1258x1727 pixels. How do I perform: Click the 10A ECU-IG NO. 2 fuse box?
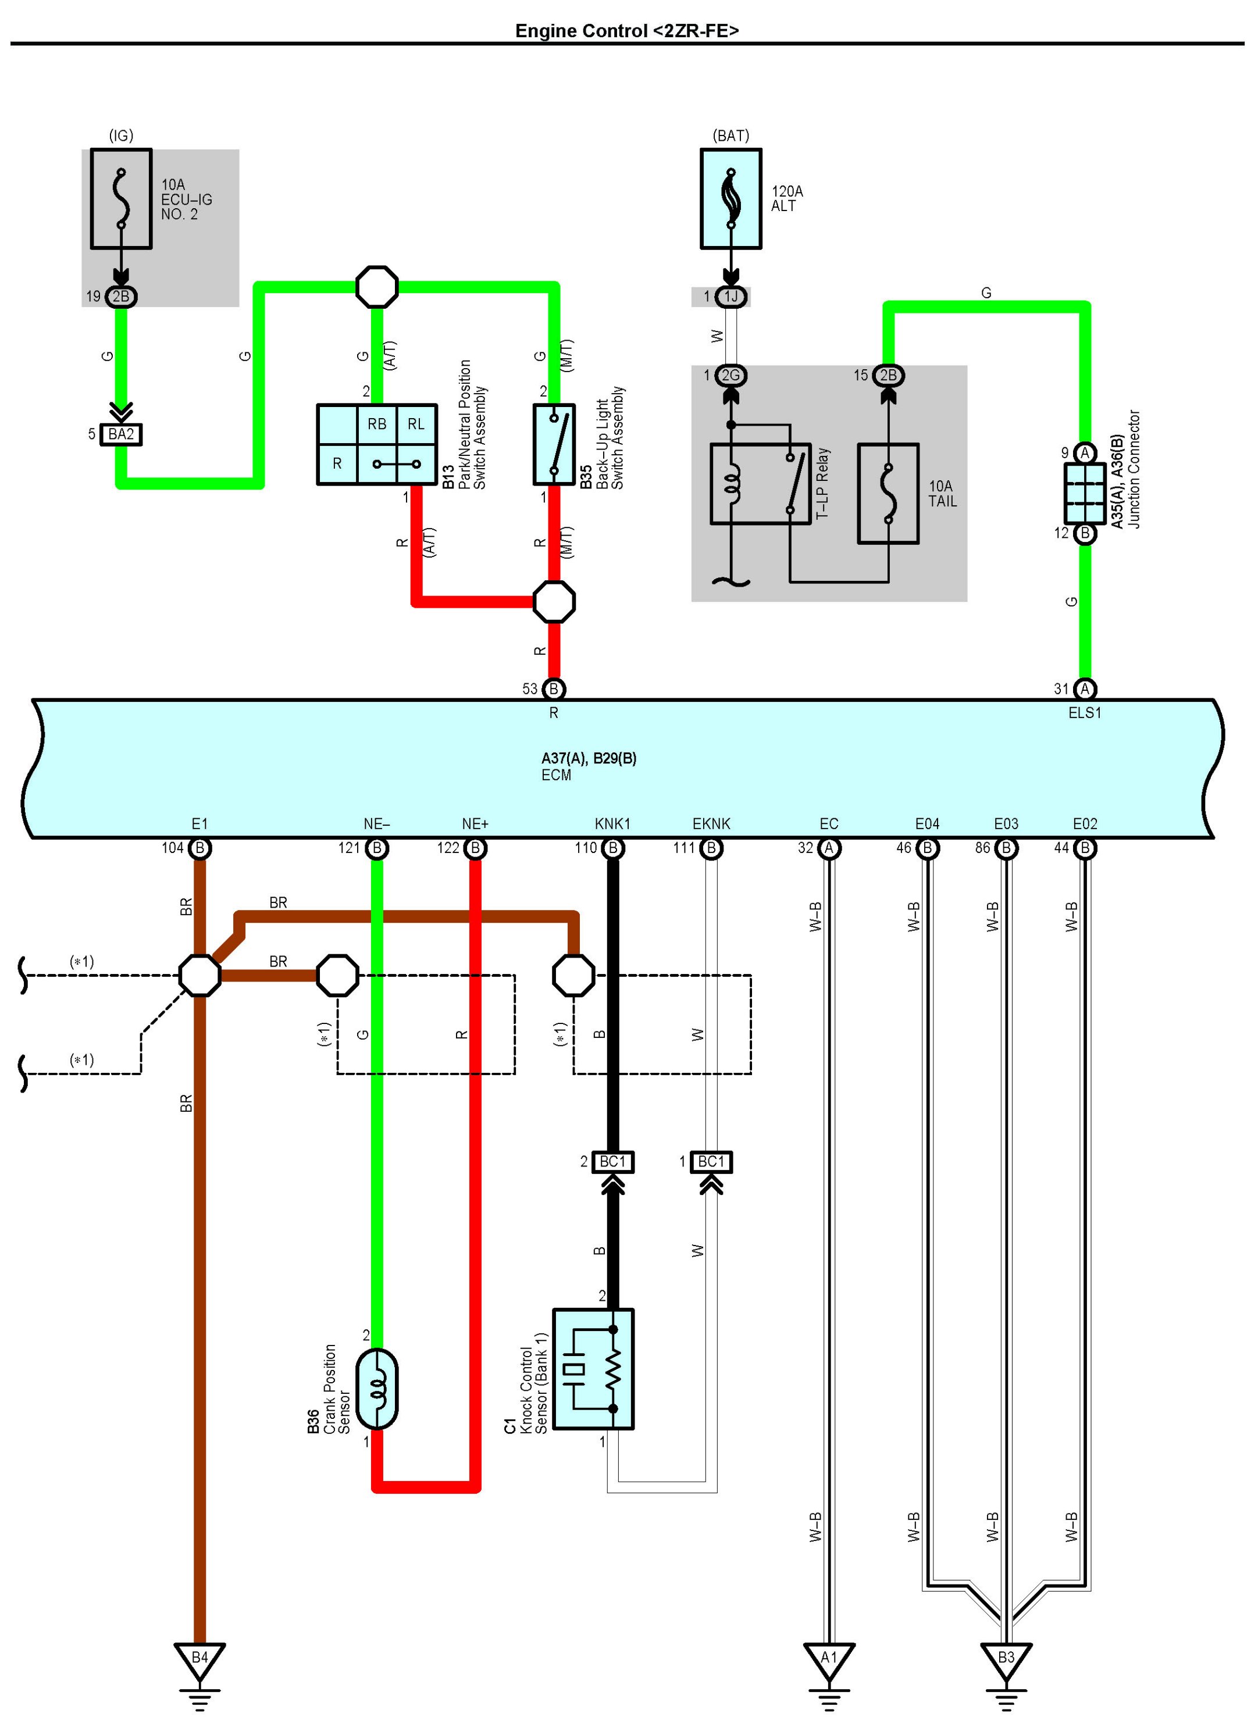pos(121,199)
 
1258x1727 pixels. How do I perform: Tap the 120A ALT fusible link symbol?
pos(730,199)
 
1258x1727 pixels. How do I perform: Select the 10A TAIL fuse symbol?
pos(888,494)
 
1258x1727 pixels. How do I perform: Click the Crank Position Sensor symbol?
pos(376,1389)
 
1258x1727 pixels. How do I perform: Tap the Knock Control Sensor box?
pos(593,1369)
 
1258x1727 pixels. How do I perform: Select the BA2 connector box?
pos(121,434)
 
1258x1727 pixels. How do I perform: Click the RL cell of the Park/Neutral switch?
pos(416,424)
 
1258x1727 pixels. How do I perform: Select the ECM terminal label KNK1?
pos(612,824)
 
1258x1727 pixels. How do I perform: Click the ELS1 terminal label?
pos(1084,713)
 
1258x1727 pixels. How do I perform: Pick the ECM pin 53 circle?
pos(554,689)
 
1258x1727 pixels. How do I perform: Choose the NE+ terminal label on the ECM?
pos(475,824)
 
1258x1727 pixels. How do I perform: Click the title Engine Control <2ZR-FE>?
pos(627,30)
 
